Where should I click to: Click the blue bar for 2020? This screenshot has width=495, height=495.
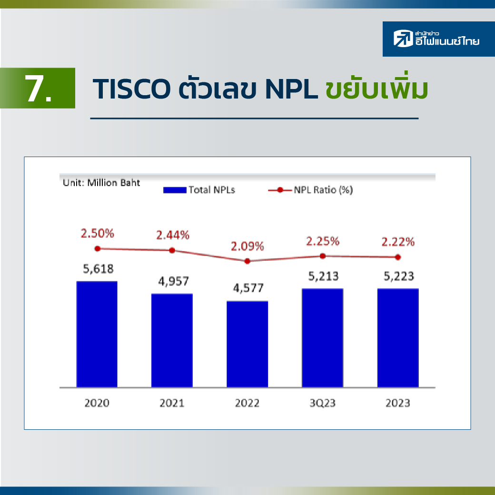click(x=97, y=334)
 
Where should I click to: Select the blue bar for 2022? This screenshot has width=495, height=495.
click(x=247, y=344)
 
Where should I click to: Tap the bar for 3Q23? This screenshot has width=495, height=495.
click(x=322, y=338)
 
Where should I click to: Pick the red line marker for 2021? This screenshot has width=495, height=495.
click(x=172, y=250)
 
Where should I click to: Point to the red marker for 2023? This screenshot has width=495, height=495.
click(x=398, y=257)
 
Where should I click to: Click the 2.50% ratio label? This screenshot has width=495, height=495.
click(x=97, y=233)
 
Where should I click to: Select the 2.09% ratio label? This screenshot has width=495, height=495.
click(x=247, y=246)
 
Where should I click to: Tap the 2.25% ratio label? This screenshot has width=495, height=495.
click(x=323, y=241)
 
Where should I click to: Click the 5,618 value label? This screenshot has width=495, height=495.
click(x=98, y=268)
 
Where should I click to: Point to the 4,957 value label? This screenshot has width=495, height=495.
click(x=173, y=281)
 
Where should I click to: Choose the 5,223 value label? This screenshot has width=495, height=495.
click(x=398, y=276)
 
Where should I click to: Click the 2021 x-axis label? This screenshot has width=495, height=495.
click(x=172, y=403)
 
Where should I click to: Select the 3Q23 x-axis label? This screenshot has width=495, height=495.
click(x=322, y=403)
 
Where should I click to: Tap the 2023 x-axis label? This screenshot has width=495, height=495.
click(x=398, y=403)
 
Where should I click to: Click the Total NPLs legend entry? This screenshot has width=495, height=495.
click(x=199, y=190)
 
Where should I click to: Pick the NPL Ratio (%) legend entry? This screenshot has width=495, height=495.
click(x=311, y=190)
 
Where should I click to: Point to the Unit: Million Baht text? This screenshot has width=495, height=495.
click(x=101, y=183)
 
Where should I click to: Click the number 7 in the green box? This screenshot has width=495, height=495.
click(x=34, y=89)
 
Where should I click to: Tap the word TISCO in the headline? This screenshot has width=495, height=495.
click(x=132, y=89)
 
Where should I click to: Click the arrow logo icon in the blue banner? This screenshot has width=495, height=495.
click(x=403, y=39)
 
